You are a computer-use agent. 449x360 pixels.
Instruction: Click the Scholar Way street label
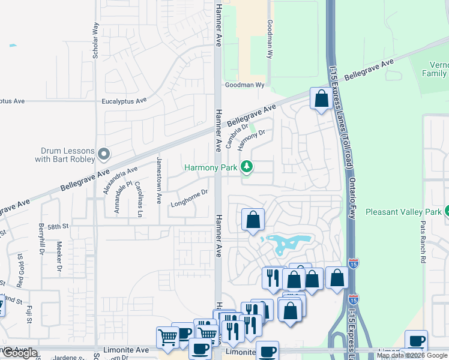coord(95,40)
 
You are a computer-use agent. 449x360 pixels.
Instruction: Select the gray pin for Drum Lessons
coord(104,155)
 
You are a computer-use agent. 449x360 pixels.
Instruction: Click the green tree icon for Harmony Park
coord(246,166)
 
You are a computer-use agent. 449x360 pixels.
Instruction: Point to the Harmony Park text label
coord(211,168)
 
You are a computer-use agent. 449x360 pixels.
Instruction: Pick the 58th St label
coord(59,226)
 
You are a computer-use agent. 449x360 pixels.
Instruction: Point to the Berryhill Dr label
coord(42,239)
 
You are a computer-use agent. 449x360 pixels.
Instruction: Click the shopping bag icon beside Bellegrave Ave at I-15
coord(321,98)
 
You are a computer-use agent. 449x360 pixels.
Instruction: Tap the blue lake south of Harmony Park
coord(286,244)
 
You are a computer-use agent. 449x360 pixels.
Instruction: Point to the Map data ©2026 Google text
coord(411,356)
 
